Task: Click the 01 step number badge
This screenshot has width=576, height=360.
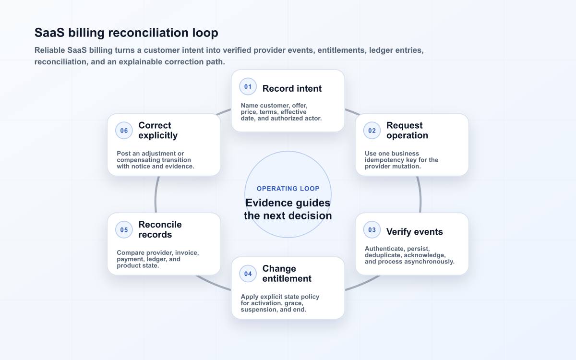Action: click(x=248, y=87)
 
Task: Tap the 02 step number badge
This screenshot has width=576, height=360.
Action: click(x=372, y=131)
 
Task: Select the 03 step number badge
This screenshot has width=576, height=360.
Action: click(x=372, y=229)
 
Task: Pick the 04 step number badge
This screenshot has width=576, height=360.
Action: click(x=248, y=274)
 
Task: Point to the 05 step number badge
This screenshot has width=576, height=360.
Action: click(x=124, y=229)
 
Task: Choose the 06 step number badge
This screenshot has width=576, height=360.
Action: click(x=124, y=131)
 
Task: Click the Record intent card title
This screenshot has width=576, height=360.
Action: click(x=292, y=88)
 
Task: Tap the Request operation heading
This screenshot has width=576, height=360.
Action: click(x=407, y=131)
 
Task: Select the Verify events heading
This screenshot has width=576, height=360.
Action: click(x=415, y=232)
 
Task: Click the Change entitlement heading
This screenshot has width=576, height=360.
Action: click(x=287, y=274)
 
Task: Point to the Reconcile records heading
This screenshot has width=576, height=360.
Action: click(x=160, y=229)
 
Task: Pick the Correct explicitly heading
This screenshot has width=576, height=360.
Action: click(x=158, y=131)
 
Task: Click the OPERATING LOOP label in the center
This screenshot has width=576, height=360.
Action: click(x=288, y=189)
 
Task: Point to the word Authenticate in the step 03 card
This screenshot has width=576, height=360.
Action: click(x=384, y=249)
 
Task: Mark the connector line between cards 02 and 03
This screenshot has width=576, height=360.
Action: click(x=420, y=194)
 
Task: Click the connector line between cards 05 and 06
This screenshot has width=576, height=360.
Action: click(x=156, y=194)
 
